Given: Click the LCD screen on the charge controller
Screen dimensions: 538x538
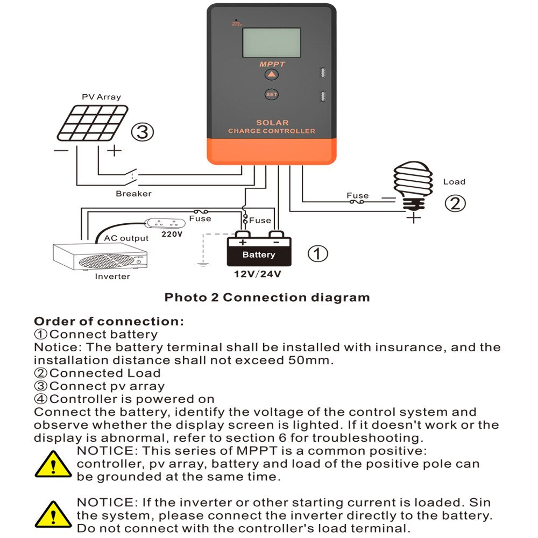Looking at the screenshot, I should tap(271, 43).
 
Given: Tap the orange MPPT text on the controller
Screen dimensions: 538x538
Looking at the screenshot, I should tap(272, 65).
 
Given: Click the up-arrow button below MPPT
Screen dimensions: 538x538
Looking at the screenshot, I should tap(272, 75).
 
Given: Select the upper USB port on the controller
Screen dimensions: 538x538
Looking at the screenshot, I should tap(322, 72).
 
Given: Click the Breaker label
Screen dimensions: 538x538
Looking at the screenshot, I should tap(133, 194).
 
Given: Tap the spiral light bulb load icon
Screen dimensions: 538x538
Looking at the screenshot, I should tap(413, 186).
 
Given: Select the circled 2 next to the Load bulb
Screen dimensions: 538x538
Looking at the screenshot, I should tap(455, 204).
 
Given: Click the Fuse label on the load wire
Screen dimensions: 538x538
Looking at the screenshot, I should tap(357, 196).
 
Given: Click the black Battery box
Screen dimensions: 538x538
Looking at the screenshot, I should tap(259, 254).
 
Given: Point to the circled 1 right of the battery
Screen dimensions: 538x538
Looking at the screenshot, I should tap(317, 253).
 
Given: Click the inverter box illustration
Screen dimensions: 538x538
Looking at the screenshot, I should tap(100, 257).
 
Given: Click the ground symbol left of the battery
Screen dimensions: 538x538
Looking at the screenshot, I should tap(202, 264).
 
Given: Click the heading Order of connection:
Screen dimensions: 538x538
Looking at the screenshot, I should tap(109, 322).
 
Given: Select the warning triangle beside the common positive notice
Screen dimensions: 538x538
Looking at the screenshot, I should tap(53, 464).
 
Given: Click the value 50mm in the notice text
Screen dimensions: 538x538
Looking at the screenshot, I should tap(307, 360).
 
